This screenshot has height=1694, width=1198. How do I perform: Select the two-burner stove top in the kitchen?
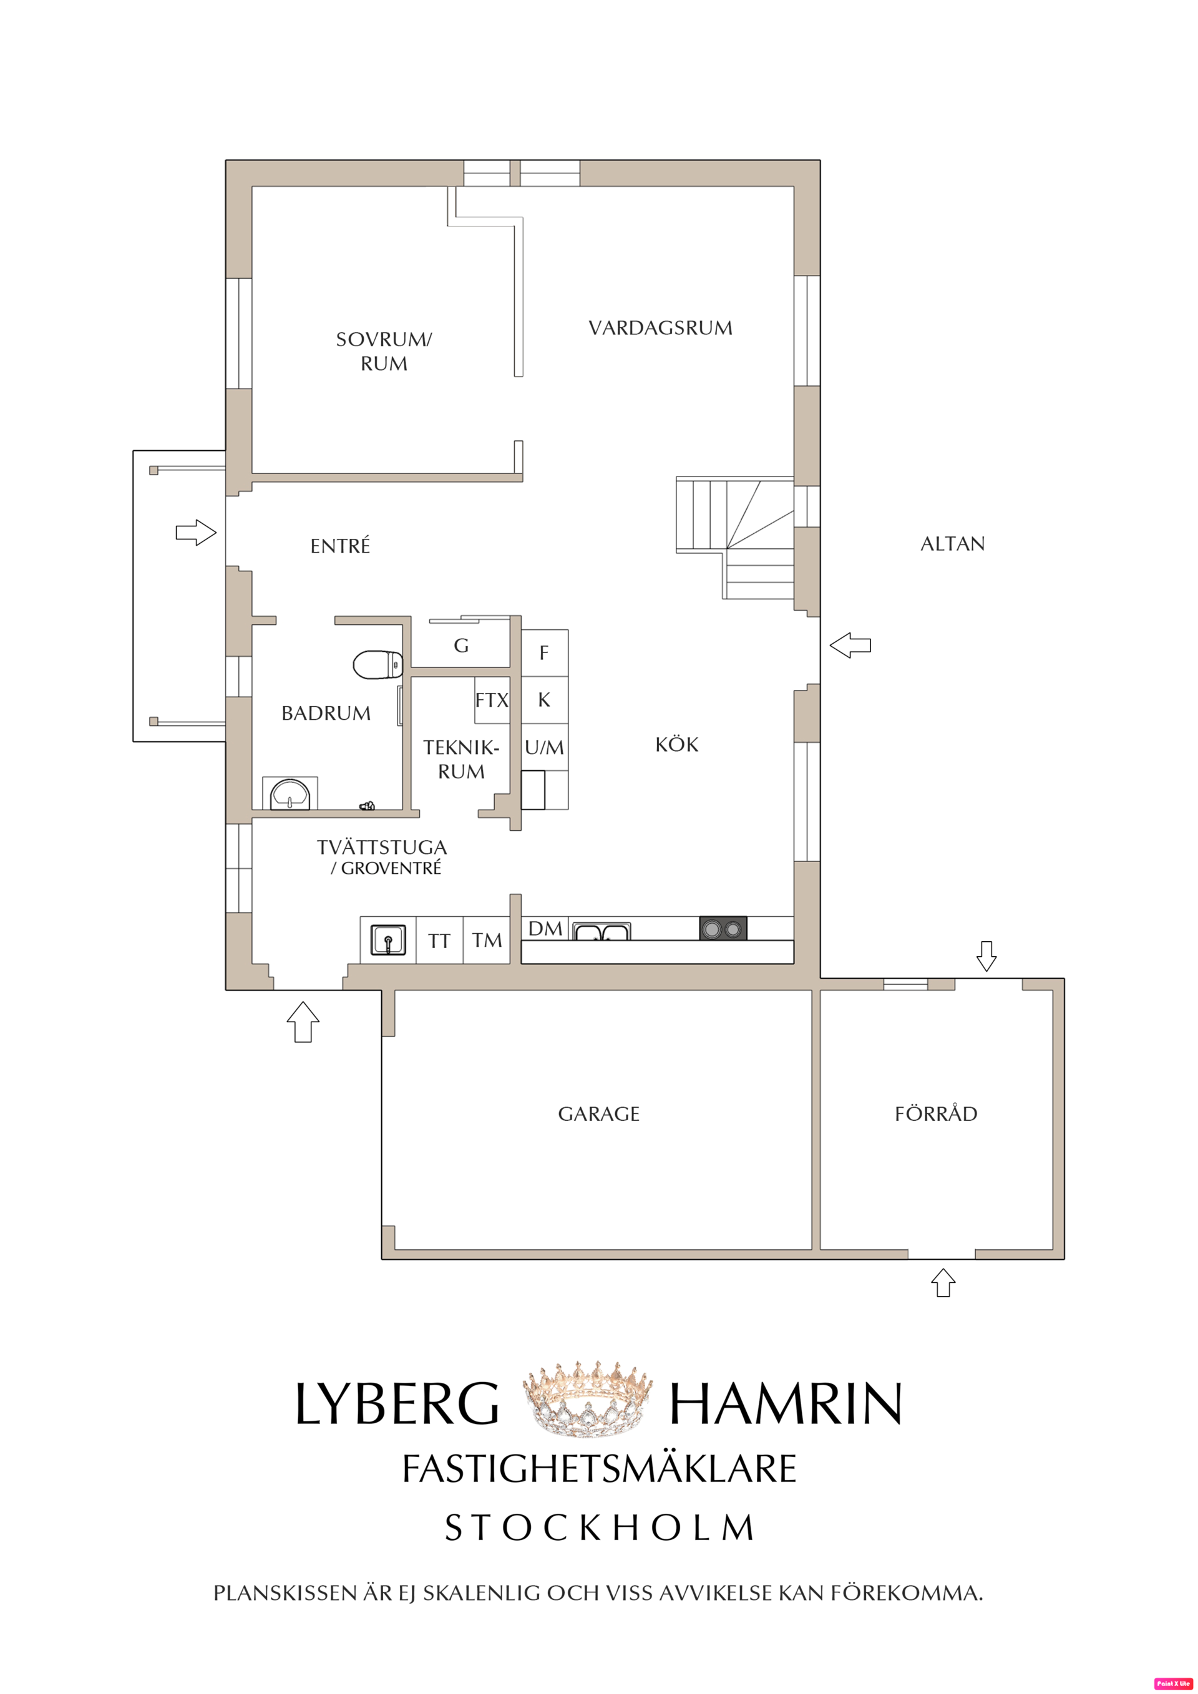pyautogui.click(x=723, y=928)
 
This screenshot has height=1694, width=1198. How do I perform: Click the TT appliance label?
pyautogui.click(x=439, y=941)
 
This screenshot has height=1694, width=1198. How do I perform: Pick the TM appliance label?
pyautogui.click(x=487, y=941)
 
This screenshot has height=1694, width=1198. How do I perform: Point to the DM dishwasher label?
pyautogui.click(x=545, y=929)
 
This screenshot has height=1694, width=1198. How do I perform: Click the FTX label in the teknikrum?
pyautogui.click(x=492, y=699)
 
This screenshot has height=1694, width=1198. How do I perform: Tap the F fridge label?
pyautogui.click(x=544, y=652)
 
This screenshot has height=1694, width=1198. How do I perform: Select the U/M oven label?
pyautogui.click(x=544, y=748)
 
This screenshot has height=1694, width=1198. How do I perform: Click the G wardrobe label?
pyautogui.click(x=461, y=646)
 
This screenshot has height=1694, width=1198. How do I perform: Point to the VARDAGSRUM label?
pyautogui.click(x=661, y=327)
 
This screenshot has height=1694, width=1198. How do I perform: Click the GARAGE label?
pyautogui.click(x=598, y=1114)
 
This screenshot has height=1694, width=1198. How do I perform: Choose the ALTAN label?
pyautogui.click(x=953, y=544)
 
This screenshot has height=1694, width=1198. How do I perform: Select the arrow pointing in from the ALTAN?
pyautogui.click(x=850, y=646)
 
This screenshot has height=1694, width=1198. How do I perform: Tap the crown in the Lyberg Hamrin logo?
pyautogui.click(x=588, y=1403)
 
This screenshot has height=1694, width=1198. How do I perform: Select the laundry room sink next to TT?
pyautogui.click(x=387, y=941)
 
